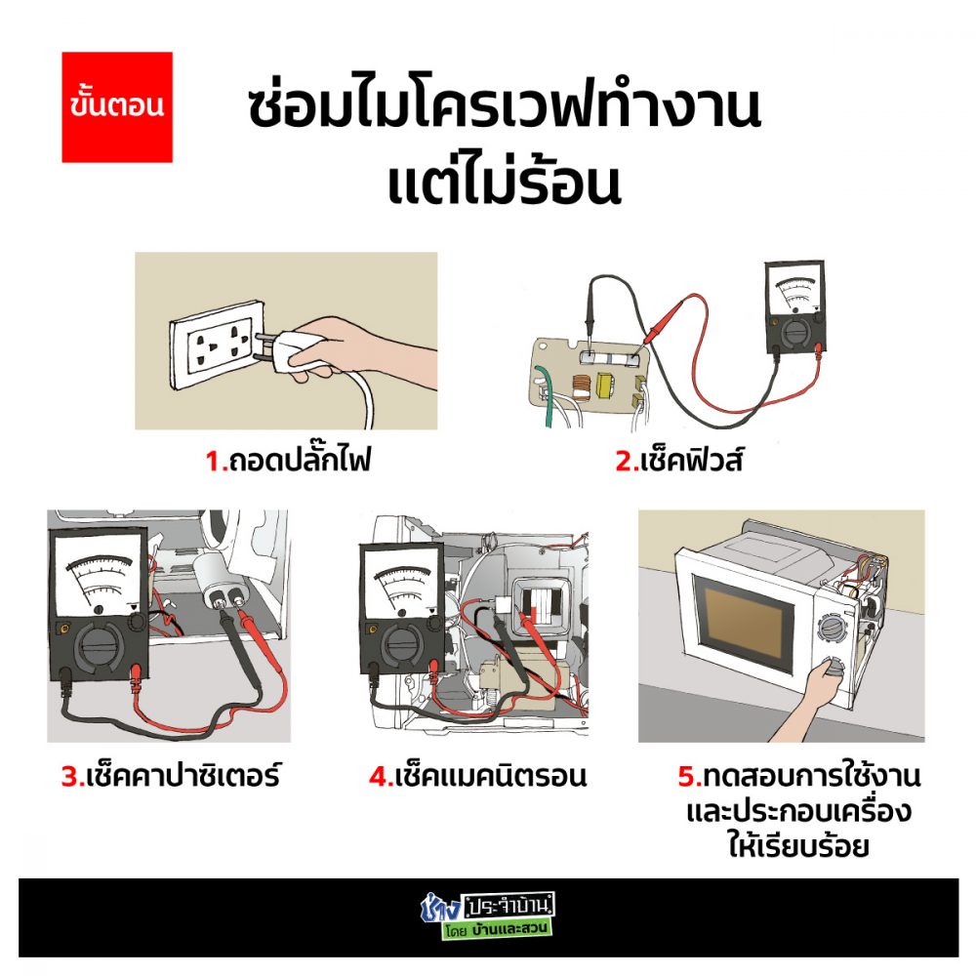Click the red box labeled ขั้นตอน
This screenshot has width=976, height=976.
pyautogui.click(x=117, y=107)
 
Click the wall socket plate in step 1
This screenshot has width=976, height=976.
pyautogui.click(x=215, y=345)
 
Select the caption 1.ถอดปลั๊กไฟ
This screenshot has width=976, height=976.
pyautogui.click(x=288, y=461)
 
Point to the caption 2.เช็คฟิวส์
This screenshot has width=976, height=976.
pyautogui.click(x=678, y=462)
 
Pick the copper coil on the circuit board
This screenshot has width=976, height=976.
pyautogui.click(x=580, y=386)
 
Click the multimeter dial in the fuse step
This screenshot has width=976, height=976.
pyautogui.click(x=795, y=333)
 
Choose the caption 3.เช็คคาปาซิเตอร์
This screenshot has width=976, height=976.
pyautogui.click(x=171, y=776)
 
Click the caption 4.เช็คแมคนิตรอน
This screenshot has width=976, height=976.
pyautogui.click(x=477, y=776)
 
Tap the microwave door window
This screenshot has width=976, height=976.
pyautogui.click(x=743, y=625)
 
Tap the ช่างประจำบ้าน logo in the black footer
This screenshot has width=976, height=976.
pyautogui.click(x=487, y=916)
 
